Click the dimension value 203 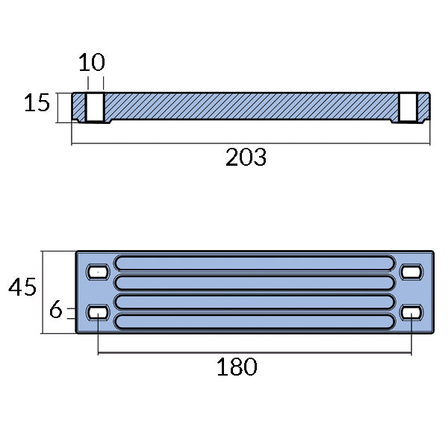point(246,158)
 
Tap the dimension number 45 point(22,287)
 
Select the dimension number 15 point(36,104)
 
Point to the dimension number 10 point(92,62)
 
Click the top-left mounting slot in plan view point(97,272)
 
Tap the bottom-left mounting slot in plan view point(97,311)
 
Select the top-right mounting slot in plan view point(411,272)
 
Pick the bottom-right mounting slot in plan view point(411,311)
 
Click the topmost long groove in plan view point(254,263)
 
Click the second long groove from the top point(254,282)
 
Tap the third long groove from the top point(254,302)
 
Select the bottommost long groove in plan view point(254,322)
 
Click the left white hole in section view point(95,107)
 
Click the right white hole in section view point(407,107)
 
